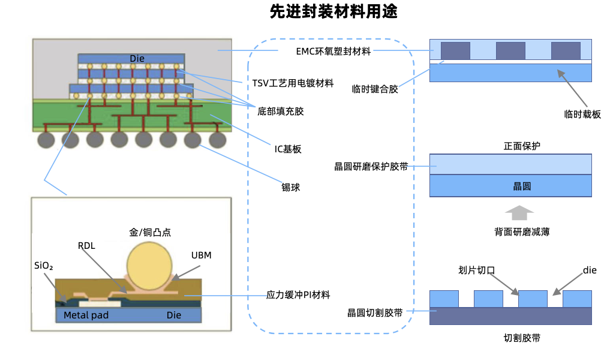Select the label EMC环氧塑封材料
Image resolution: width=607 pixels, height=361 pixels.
333,52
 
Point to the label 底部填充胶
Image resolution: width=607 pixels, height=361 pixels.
280,111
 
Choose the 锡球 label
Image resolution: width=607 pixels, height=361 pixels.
291,188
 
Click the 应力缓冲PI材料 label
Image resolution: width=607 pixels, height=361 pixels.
298,295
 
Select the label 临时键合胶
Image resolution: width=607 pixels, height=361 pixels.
375,89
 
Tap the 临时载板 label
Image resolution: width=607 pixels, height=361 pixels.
582,114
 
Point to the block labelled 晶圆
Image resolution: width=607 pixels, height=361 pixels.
511,186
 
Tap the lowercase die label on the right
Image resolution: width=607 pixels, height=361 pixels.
590,270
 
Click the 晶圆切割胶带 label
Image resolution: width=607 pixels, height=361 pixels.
375,312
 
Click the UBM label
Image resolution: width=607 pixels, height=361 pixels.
202,255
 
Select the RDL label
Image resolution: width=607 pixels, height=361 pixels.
86,246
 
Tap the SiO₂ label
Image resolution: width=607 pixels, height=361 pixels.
44,264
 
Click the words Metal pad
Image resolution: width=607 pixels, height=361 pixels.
86,315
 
